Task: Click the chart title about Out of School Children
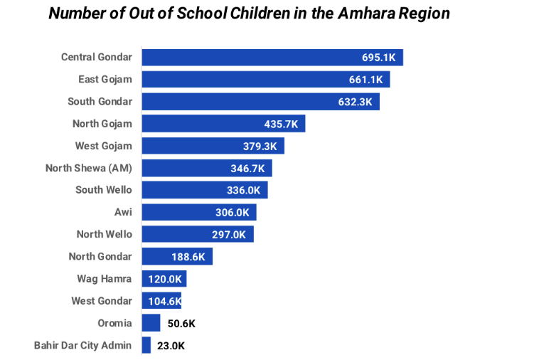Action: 249,14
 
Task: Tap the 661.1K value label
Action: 366,80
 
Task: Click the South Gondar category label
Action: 100,102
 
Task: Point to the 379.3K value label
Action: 261,147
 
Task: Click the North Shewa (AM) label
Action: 88,168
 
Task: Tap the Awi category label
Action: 123,212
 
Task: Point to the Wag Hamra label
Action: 105,278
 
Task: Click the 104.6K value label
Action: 164,301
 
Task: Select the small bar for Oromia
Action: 151,323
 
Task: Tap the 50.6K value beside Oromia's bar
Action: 181,324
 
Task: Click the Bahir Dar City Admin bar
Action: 146,346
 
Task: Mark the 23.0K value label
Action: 171,346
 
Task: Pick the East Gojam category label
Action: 105,79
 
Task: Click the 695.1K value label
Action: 380,58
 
